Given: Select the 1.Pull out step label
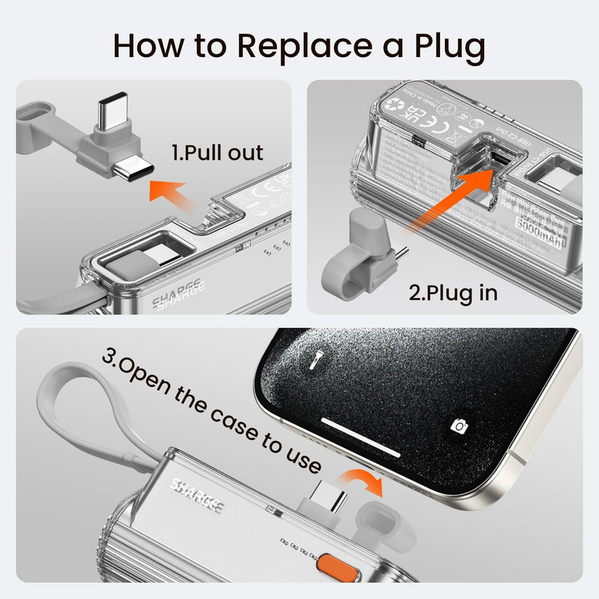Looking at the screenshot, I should coord(217,153).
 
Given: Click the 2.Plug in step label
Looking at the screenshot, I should coord(453,292).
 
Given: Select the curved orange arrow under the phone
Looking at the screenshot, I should coord(364,481).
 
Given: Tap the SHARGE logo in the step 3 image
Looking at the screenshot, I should coord(196,496).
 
